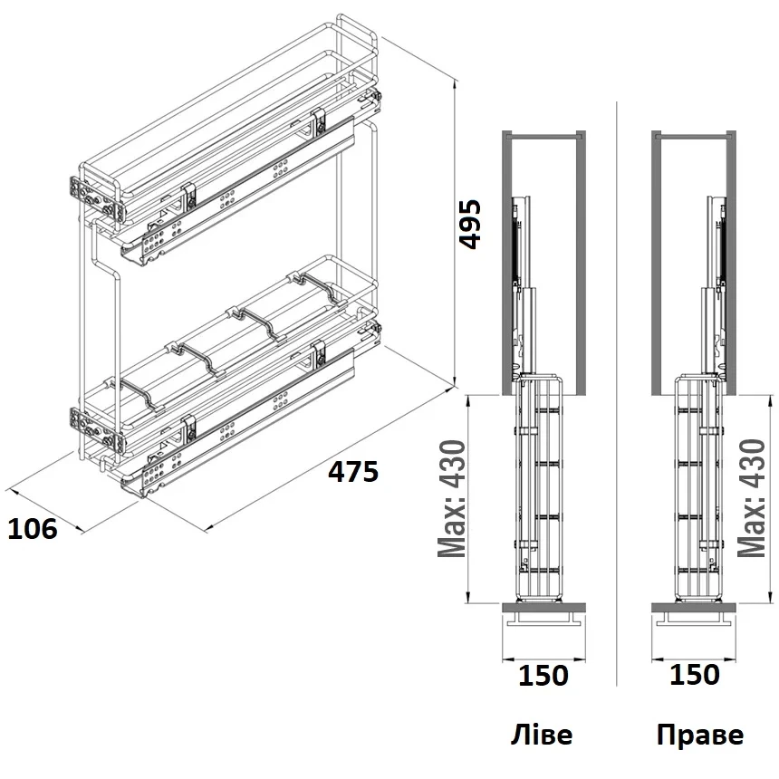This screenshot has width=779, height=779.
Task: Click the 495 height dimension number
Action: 470,224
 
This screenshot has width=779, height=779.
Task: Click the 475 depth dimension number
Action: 353,471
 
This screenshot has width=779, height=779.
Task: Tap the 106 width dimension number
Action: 33,529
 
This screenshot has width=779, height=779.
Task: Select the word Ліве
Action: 542,735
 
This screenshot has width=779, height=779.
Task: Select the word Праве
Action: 700,735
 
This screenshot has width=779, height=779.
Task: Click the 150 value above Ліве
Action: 543,676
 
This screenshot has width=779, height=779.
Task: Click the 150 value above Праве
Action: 695,675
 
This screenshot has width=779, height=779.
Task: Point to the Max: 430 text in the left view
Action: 452,499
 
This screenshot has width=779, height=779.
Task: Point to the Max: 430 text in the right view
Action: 752,498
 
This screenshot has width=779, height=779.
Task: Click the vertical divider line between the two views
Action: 616,393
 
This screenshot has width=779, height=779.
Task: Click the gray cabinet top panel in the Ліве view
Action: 544,134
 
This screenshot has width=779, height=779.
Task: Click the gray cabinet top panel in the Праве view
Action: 694,134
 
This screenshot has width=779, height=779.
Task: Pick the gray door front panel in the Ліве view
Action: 544,608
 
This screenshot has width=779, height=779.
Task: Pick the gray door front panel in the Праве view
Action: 694,608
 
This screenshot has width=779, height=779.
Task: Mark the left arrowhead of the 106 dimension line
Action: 12,491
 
